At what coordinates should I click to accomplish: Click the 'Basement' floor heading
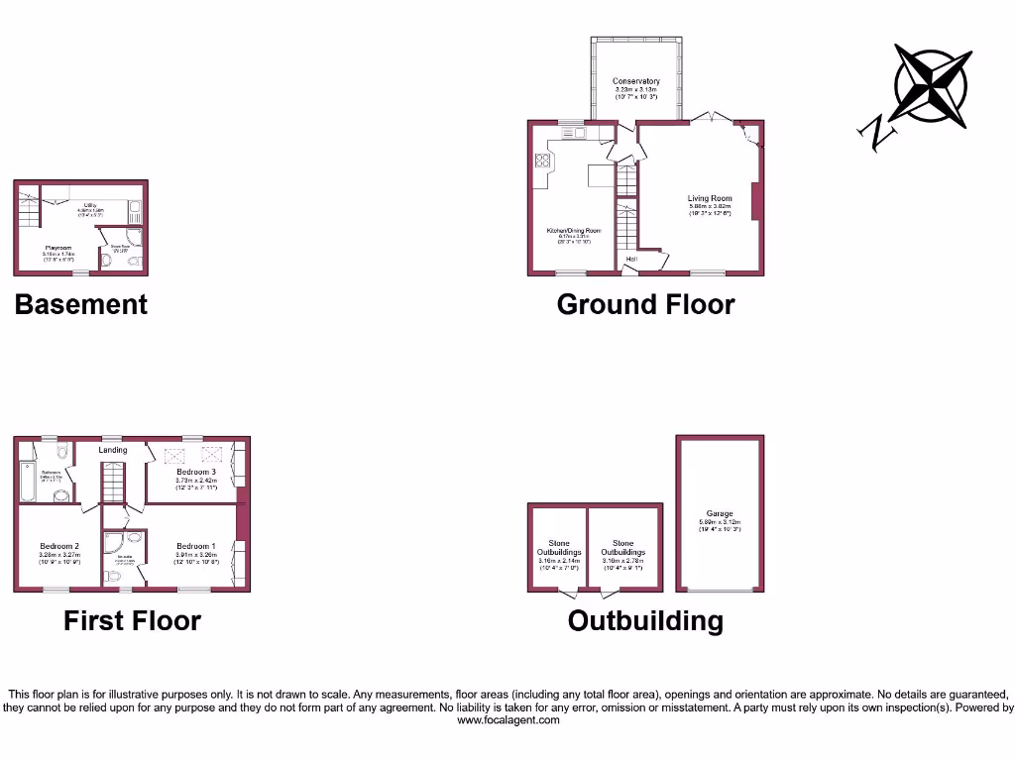click(x=80, y=304)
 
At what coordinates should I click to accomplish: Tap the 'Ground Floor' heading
click(x=645, y=304)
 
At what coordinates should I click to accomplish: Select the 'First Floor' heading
click(x=132, y=621)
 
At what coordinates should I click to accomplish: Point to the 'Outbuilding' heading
click(x=645, y=621)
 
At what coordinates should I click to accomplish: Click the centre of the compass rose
click(x=931, y=83)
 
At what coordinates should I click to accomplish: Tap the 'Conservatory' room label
click(x=635, y=81)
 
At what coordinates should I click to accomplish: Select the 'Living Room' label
click(x=709, y=199)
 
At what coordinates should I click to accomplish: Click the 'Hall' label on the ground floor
click(x=631, y=260)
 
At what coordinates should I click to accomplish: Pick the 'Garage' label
click(x=720, y=513)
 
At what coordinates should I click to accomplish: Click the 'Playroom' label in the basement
click(x=57, y=248)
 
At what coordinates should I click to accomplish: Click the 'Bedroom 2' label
click(x=59, y=546)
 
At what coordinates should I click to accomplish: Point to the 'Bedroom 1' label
click(x=195, y=546)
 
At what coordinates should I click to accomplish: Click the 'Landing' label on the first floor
click(x=113, y=450)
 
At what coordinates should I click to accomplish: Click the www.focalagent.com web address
click(x=507, y=720)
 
